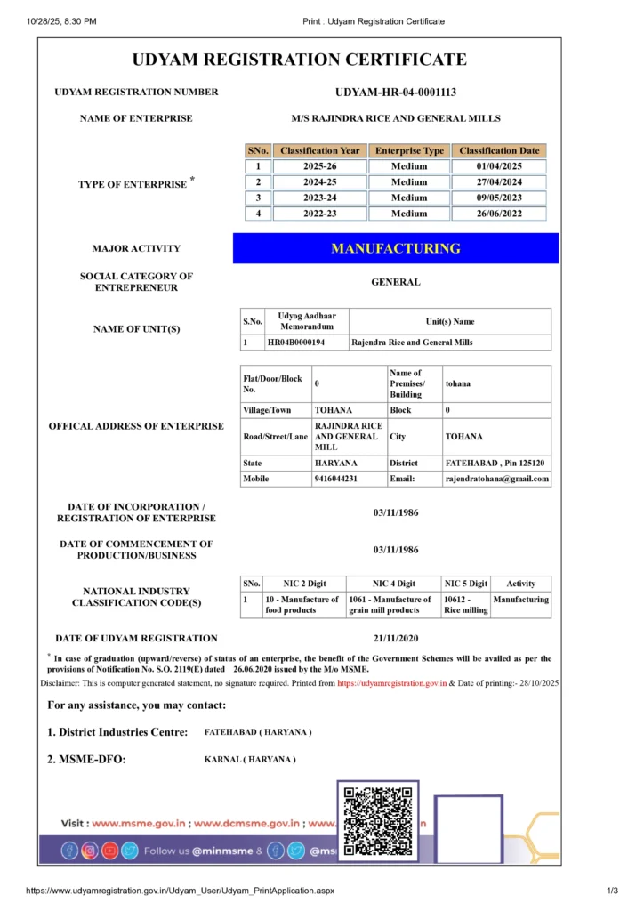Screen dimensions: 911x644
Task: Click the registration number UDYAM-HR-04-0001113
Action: [396, 92]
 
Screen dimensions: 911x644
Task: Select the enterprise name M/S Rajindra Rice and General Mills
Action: [396, 118]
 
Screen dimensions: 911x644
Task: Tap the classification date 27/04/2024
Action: [498, 181]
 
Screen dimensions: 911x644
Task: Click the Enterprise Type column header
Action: [409, 150]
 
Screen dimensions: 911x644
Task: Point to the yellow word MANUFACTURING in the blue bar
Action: [396, 248]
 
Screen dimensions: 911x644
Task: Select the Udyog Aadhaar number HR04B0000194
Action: [295, 342]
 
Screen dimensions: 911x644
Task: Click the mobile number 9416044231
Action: [335, 479]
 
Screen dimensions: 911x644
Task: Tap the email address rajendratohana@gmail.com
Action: [496, 479]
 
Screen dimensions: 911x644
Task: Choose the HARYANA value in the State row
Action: [335, 463]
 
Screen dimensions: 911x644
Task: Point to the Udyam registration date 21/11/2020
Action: [396, 638]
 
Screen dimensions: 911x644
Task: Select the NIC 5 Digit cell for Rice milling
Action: [465, 605]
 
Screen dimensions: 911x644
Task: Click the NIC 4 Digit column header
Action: [393, 584]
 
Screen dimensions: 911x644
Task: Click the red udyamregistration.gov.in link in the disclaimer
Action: [392, 683]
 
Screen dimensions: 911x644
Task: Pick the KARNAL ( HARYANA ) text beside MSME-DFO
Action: [250, 759]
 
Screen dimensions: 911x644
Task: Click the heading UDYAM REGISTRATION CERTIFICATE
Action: [299, 60]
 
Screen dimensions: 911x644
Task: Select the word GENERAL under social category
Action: [396, 282]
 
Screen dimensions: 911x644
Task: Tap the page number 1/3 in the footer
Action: [612, 891]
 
